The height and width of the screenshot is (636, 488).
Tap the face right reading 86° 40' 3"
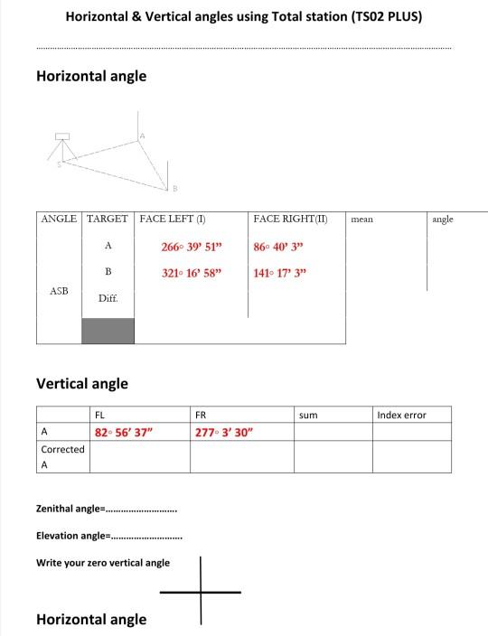[x=281, y=247]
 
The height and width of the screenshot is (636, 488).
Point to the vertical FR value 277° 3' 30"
[x=224, y=432]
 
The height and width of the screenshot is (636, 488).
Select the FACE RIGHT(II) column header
[x=290, y=220]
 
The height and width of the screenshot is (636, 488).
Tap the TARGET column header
[x=108, y=220]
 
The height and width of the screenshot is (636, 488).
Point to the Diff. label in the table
[x=108, y=298]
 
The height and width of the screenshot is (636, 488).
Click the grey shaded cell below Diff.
[x=108, y=330]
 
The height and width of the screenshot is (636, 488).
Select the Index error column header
[x=401, y=415]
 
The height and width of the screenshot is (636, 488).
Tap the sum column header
[x=307, y=415]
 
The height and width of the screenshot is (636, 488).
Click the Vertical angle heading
[x=81, y=383]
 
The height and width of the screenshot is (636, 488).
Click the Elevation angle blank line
[x=145, y=536]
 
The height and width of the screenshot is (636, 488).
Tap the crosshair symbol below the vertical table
[x=201, y=592]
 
